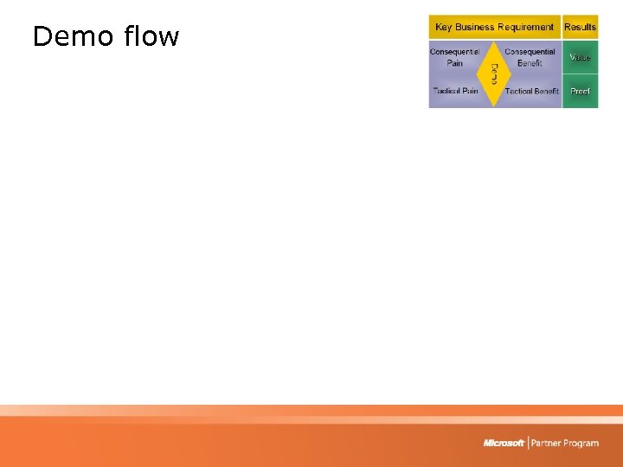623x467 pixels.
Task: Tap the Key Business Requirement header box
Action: coord(495,27)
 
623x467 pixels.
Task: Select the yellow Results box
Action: coord(580,27)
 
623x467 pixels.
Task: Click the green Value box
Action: coord(580,57)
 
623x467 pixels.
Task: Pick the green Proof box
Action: coord(580,91)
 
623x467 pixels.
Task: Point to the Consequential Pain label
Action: coord(455,57)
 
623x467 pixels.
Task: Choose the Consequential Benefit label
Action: coord(530,57)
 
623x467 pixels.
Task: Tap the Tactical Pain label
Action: coord(455,91)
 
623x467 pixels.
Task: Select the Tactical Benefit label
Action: coord(531,91)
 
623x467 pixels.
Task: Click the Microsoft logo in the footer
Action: coord(504,443)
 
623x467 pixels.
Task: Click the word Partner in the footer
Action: coord(547,443)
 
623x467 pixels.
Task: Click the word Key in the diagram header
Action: coord(443,27)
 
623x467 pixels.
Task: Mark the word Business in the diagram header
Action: coord(474,27)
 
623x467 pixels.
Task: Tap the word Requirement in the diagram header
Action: coord(525,27)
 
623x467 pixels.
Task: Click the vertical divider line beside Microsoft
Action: coord(528,443)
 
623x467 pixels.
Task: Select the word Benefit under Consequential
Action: coord(530,63)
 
